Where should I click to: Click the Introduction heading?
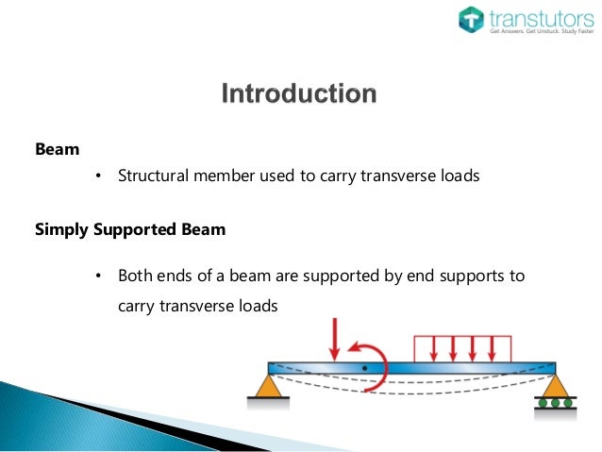(x=298, y=94)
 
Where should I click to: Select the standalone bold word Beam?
(x=57, y=149)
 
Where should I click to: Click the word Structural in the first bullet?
(x=153, y=176)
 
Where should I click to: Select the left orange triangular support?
(x=269, y=385)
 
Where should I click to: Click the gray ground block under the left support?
(x=268, y=401)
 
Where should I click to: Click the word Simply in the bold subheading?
(x=63, y=228)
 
